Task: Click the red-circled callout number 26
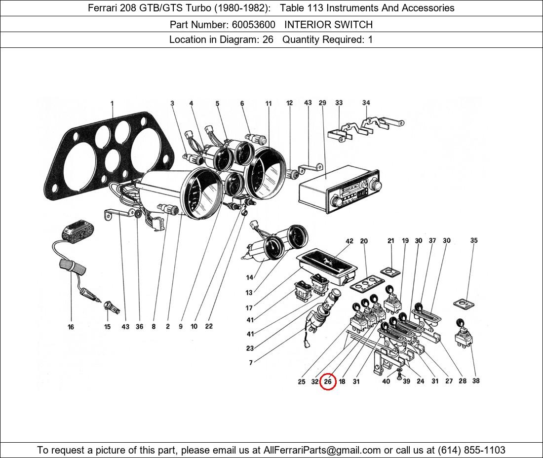(328, 382)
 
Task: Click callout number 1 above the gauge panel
(112, 104)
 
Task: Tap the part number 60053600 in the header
(253, 24)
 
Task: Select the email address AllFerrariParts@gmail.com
(322, 450)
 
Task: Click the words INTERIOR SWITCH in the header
(328, 24)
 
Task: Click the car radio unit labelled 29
(336, 188)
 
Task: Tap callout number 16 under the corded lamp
(71, 327)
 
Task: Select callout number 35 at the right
(473, 241)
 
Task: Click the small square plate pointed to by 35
(463, 303)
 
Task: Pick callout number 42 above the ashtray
(349, 241)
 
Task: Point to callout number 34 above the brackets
(366, 103)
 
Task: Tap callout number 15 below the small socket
(107, 327)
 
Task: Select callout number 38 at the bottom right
(475, 381)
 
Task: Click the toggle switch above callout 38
(463, 338)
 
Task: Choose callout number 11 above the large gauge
(269, 104)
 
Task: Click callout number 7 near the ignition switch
(251, 363)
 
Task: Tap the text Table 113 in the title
(301, 8)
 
